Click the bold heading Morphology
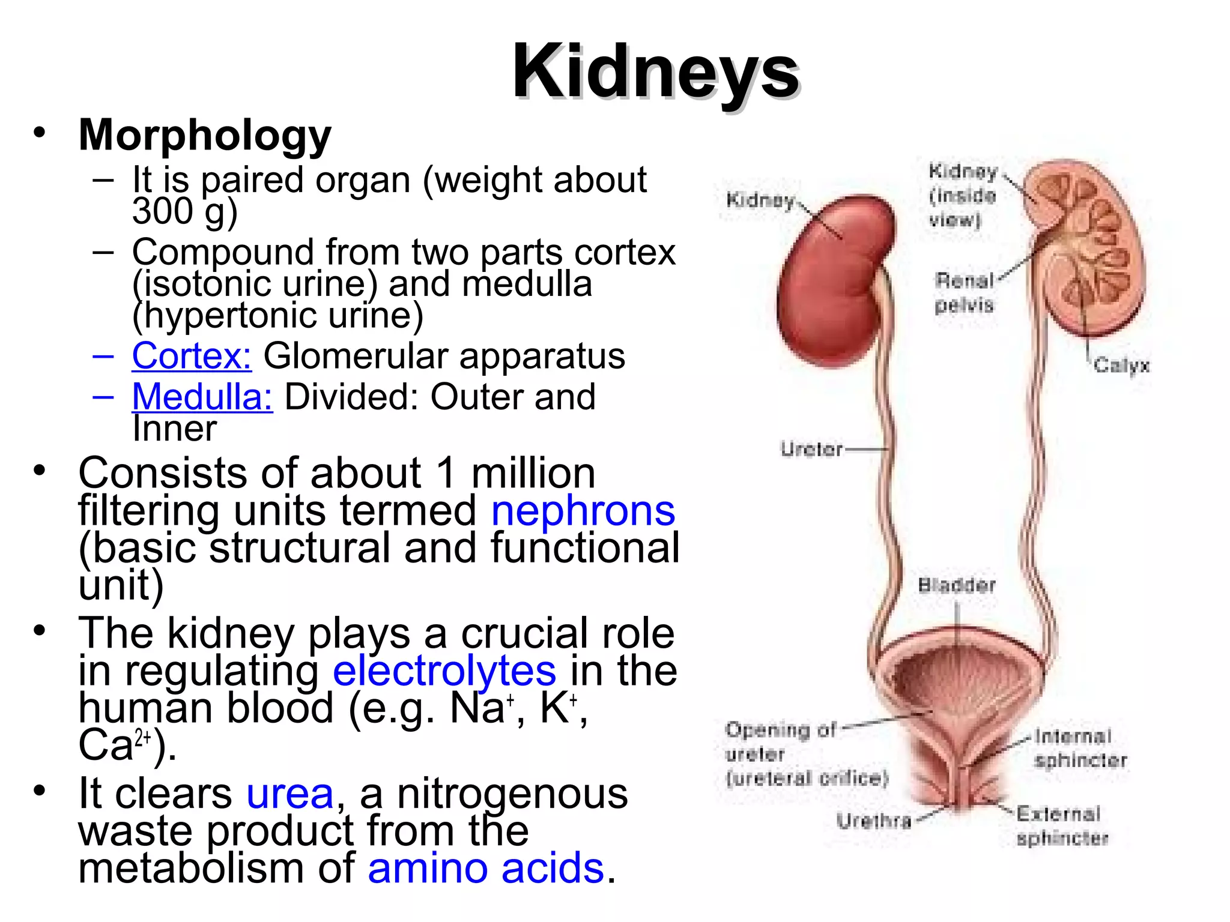click(x=205, y=135)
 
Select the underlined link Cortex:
click(x=192, y=355)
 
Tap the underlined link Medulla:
click(x=202, y=397)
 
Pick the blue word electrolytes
click(x=444, y=670)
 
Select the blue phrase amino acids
click(x=485, y=868)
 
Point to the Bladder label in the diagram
click(x=957, y=585)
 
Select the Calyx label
click(x=1121, y=365)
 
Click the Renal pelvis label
click(x=964, y=293)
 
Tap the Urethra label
click(x=874, y=821)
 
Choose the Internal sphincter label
click(x=1079, y=748)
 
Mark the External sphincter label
click(x=1061, y=826)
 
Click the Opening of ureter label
click(x=805, y=754)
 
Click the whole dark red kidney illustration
click(x=835, y=282)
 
